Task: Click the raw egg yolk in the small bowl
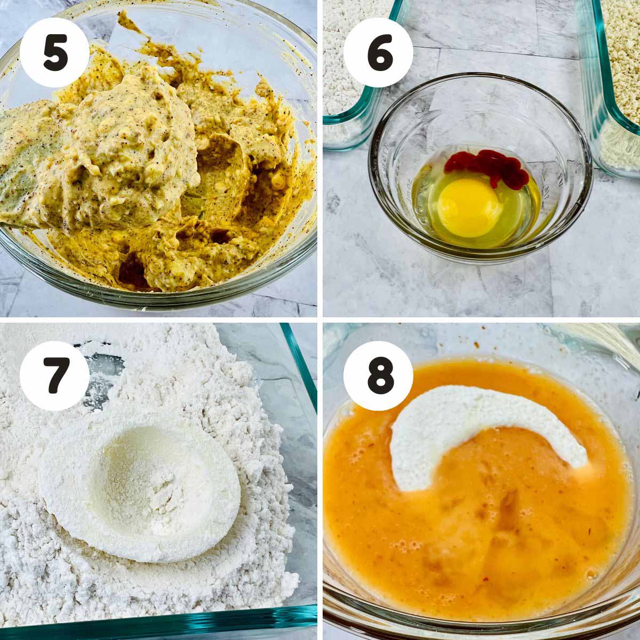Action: pos(469,207)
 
